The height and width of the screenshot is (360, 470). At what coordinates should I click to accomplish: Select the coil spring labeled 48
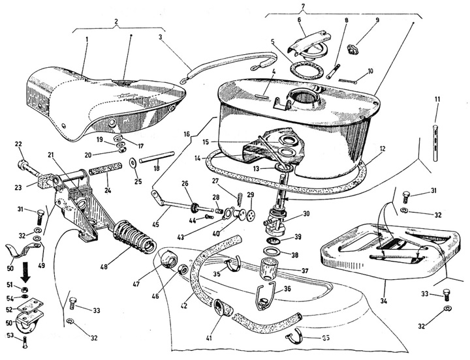point(133,235)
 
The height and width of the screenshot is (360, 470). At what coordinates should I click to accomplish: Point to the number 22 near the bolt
point(18,145)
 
